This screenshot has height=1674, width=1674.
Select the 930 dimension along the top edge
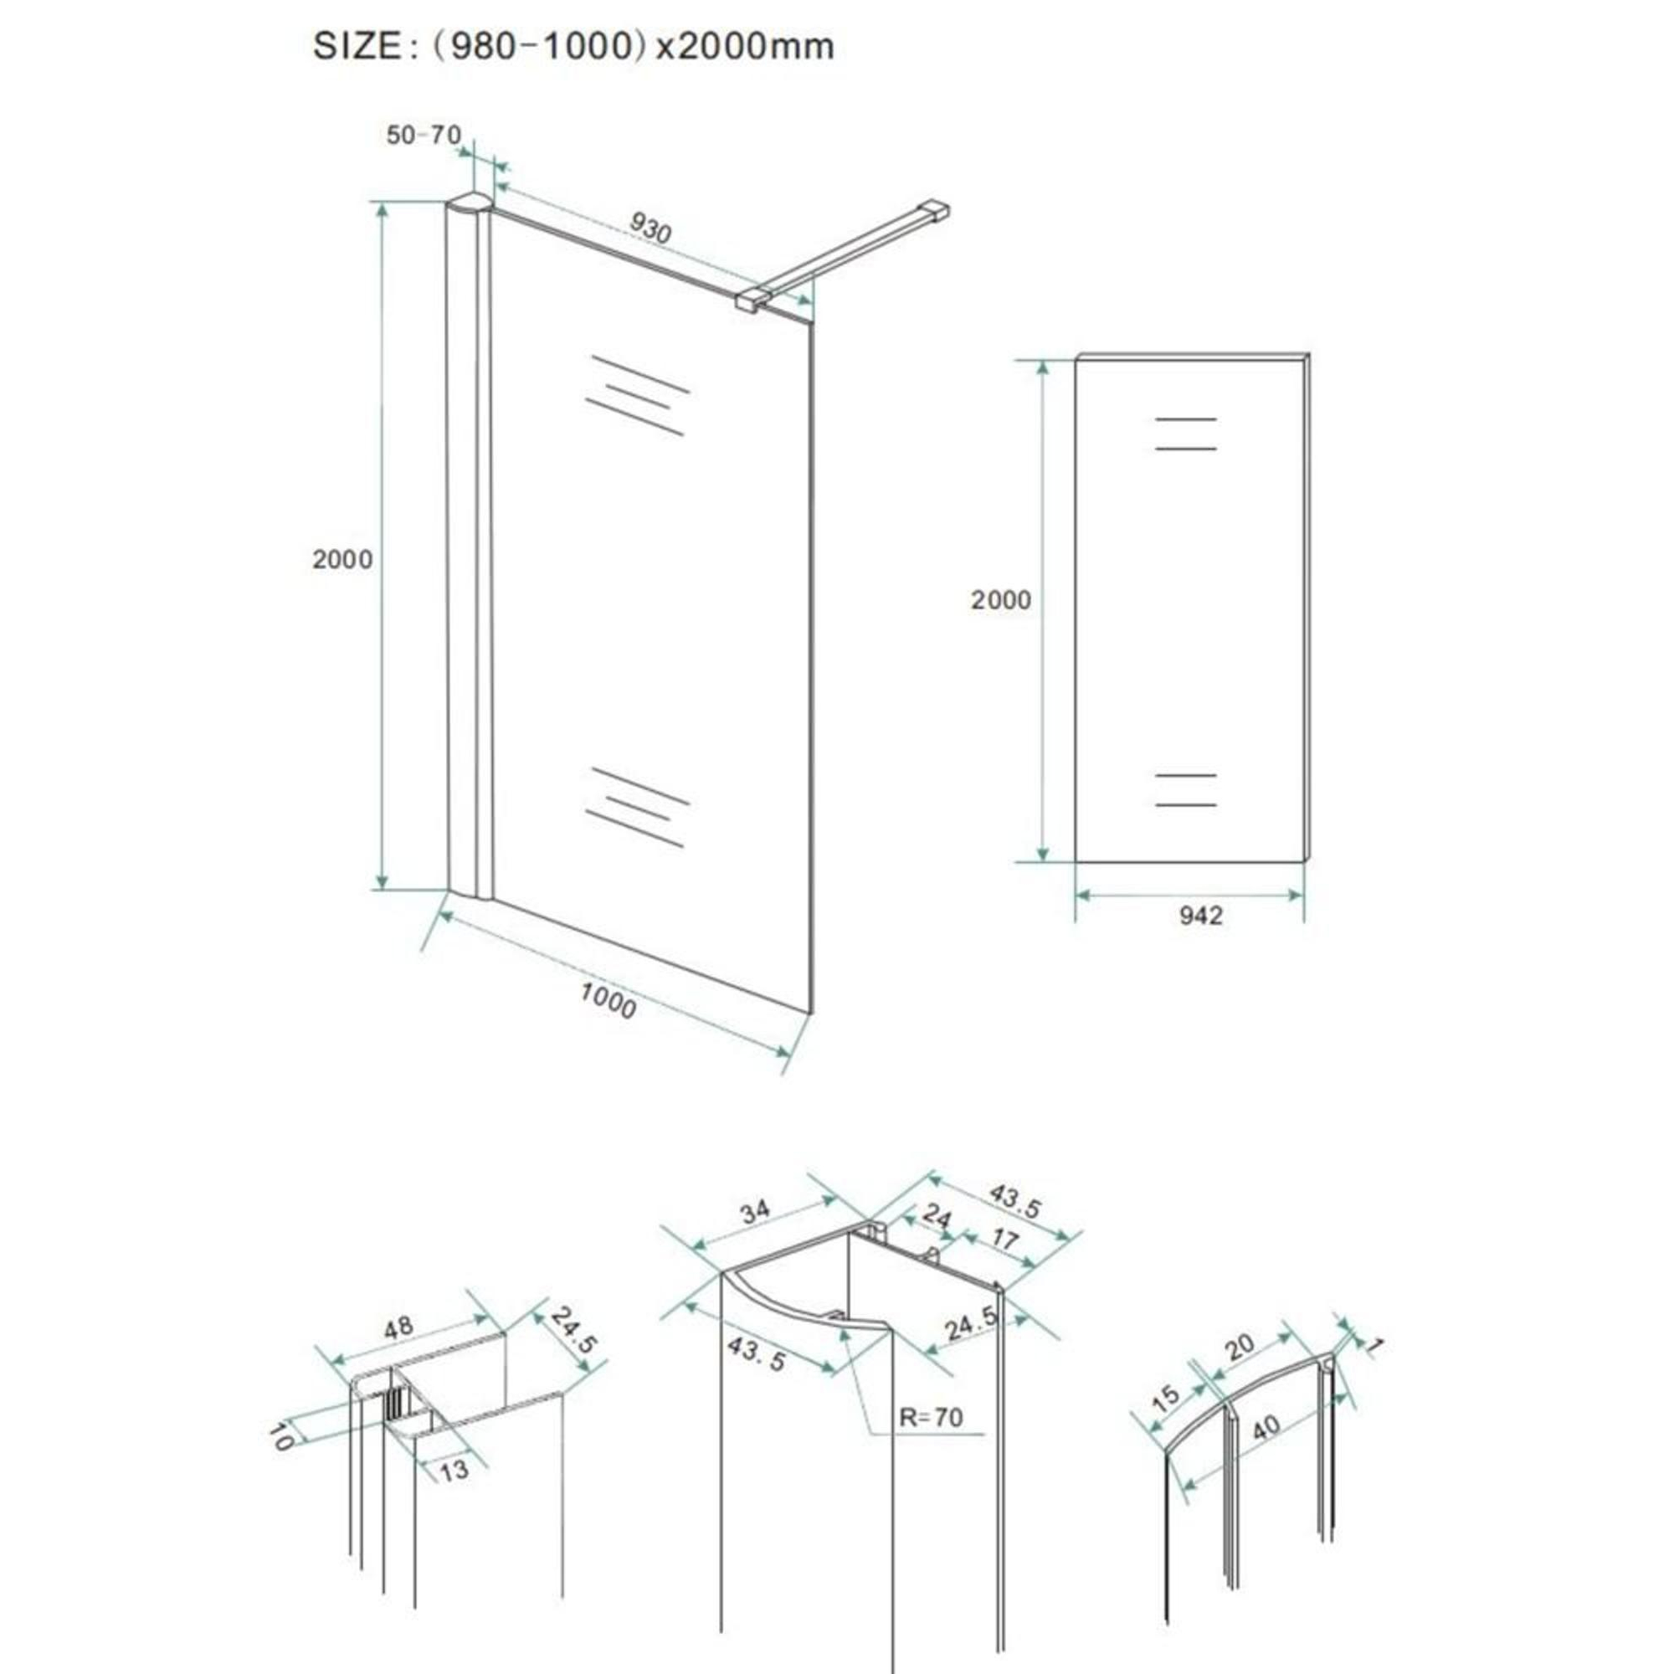click(650, 227)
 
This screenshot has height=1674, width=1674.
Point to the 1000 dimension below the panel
click(608, 1002)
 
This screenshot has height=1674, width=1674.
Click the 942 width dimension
click(1201, 915)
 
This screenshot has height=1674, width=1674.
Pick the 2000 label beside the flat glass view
click(1001, 599)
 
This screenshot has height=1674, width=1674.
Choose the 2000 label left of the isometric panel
click(342, 559)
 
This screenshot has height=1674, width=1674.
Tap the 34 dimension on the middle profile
click(756, 1210)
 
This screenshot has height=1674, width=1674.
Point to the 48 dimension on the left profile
click(398, 1328)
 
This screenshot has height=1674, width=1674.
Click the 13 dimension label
click(453, 1470)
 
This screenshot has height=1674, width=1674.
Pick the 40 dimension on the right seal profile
click(1266, 1429)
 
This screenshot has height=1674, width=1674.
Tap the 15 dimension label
click(1166, 1397)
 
